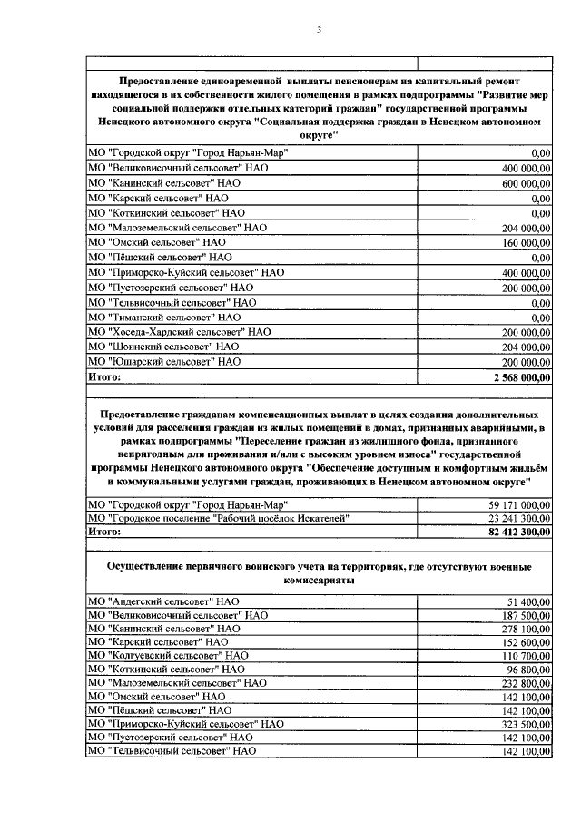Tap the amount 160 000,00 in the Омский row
coord(521,243)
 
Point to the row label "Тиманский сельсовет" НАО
coord(163,317)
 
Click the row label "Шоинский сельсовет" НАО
coord(163,347)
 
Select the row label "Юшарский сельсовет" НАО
coord(164,361)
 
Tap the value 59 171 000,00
coord(514,503)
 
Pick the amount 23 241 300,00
coord(514,518)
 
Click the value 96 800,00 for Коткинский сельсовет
coord(527,669)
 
